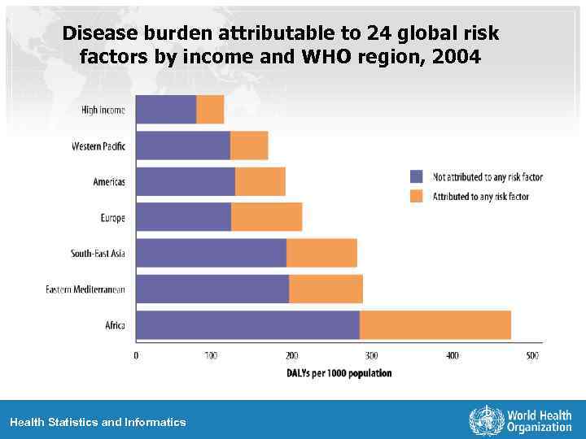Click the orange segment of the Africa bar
click(435, 325)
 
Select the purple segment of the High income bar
click(166, 110)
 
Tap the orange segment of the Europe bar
click(267, 217)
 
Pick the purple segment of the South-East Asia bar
click(211, 253)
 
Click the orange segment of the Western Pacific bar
click(249, 146)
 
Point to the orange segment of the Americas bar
click(260, 181)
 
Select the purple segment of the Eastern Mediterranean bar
click(212, 289)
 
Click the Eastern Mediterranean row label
click(85, 289)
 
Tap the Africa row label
click(115, 325)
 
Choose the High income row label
click(103, 110)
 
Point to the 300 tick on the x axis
click(371, 355)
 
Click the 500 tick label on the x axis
click(531, 355)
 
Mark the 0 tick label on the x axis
click(136, 355)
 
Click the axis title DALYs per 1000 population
click(339, 373)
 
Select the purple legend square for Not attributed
click(417, 176)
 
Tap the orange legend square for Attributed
click(417, 196)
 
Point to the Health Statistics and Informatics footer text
click(98, 422)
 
